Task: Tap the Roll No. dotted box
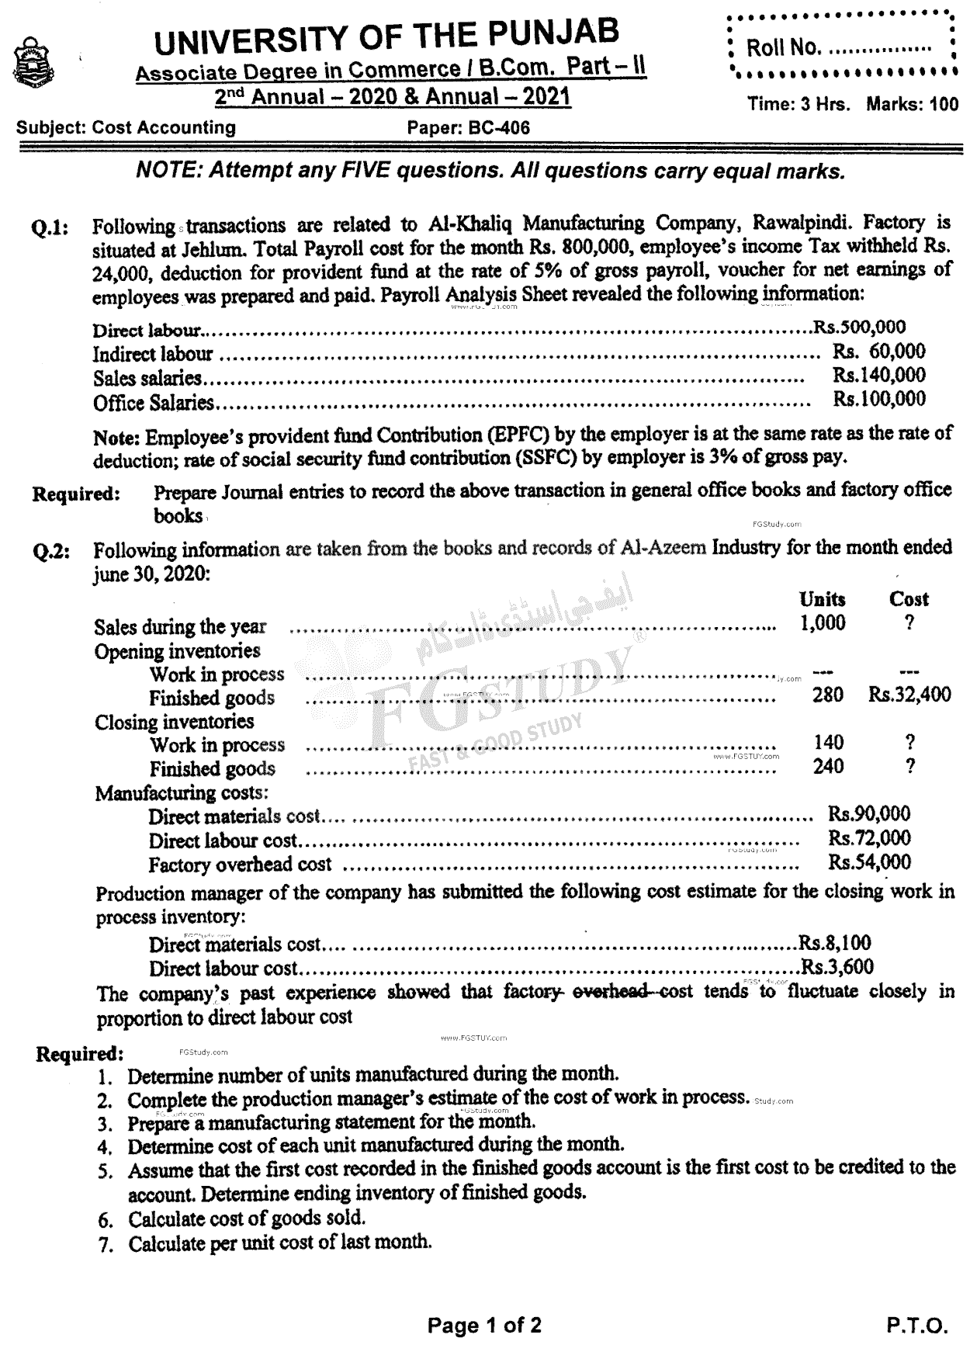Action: click(x=843, y=47)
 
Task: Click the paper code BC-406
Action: click(x=469, y=128)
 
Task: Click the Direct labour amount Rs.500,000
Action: click(x=859, y=328)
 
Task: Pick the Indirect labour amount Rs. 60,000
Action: click(x=879, y=352)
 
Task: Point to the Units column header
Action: click(x=823, y=599)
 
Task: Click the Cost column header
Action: click(x=909, y=599)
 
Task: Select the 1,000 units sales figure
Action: click(x=823, y=623)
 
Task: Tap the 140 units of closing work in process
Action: click(x=829, y=743)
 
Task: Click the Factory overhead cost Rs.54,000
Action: click(x=870, y=861)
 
